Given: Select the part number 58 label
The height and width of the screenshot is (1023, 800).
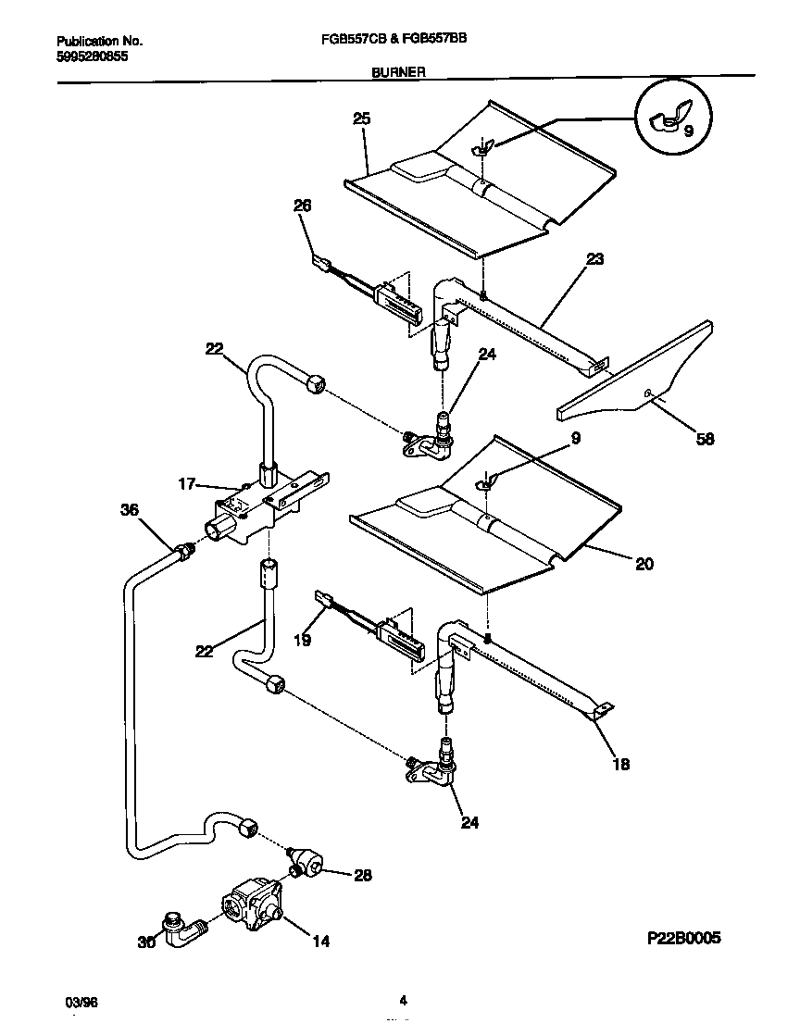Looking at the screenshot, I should (705, 440).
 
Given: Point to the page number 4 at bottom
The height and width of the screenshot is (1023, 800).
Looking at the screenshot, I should (403, 999).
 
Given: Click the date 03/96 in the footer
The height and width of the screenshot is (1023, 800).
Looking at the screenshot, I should (81, 1003).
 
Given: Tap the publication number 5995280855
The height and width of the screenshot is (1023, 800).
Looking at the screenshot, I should (92, 56).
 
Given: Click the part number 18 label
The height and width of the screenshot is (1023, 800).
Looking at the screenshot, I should (620, 764).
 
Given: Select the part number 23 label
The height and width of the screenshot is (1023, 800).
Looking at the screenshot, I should (594, 259).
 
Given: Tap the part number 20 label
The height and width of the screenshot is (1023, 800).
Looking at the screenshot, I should (644, 563).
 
